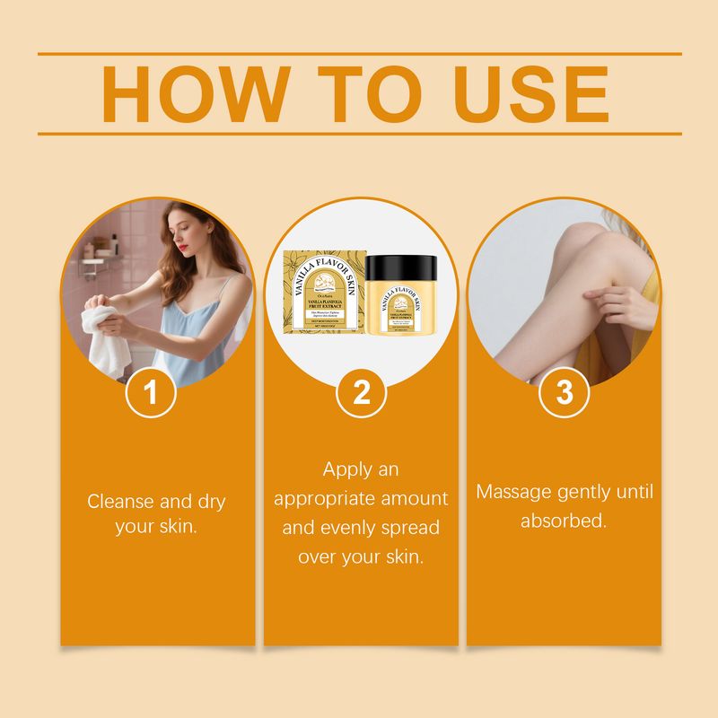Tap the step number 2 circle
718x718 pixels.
point(361,393)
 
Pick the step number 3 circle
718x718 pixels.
point(565,393)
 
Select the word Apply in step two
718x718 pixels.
point(348,469)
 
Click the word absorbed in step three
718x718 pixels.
point(564,521)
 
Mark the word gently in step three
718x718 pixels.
point(584,492)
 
